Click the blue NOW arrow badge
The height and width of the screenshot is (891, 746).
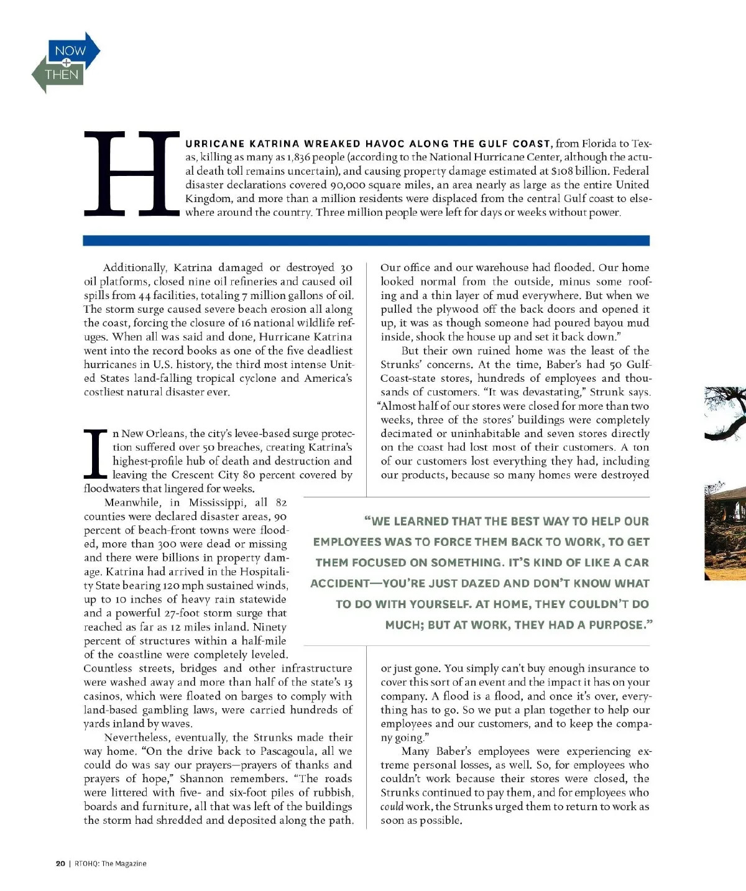pos(71,51)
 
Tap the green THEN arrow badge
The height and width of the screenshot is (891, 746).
pos(60,75)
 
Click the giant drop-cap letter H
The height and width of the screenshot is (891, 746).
pos(131,174)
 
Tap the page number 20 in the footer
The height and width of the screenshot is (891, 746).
pos(60,863)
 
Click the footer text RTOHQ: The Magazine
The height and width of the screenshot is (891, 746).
pos(111,863)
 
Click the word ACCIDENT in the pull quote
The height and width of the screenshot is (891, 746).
pos(340,583)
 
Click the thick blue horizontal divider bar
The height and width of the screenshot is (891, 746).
pos(366,241)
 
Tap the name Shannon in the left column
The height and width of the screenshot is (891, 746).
pos(201,778)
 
